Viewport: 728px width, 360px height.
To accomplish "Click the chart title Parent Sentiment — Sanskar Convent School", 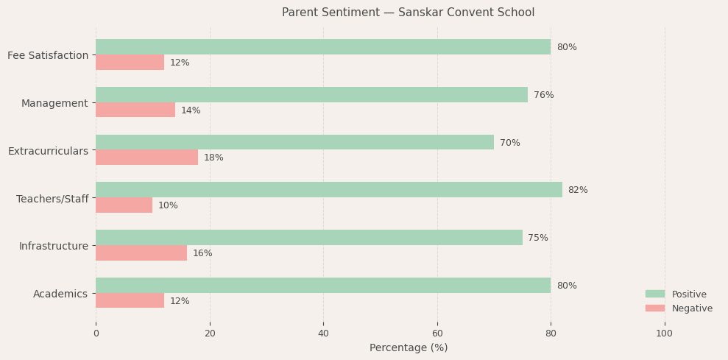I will (408, 13).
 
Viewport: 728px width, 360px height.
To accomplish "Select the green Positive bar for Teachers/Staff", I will (328, 190).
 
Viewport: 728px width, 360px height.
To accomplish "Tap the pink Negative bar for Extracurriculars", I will (146, 158).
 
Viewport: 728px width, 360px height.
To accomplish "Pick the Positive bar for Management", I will (311, 95).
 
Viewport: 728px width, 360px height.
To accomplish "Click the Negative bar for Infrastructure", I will (141, 253).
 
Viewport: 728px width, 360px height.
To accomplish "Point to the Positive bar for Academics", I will (322, 286).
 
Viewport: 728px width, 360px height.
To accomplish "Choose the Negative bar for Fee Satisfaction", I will (130, 63).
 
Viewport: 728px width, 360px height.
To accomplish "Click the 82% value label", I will (578, 190).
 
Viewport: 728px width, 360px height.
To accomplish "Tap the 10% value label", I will (168, 205).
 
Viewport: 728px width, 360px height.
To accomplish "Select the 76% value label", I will (543, 95).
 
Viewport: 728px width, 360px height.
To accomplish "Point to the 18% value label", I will (213, 158).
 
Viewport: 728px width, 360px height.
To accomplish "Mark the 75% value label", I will (537, 238).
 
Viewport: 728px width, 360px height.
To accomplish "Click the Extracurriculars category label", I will (48, 151).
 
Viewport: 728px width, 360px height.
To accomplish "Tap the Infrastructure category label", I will (54, 246).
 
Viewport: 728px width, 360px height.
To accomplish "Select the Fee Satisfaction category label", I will (48, 55).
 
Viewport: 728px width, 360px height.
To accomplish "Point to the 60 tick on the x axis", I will (437, 333).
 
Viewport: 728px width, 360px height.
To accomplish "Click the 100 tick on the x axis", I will (665, 333).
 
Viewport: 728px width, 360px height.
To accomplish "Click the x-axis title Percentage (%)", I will (409, 347).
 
